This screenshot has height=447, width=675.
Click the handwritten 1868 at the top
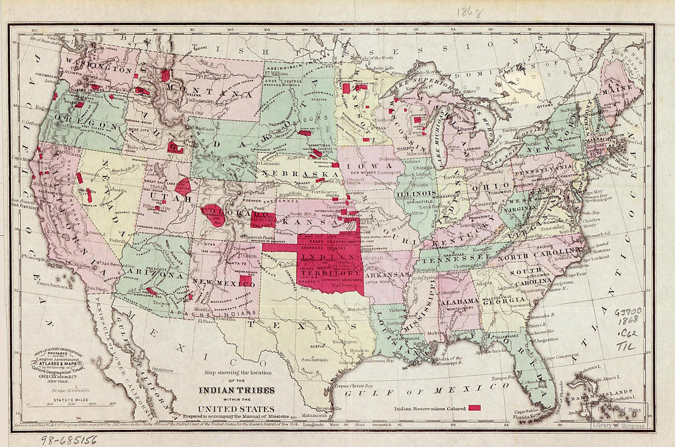point(470,12)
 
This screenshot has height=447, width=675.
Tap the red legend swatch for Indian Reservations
point(474,407)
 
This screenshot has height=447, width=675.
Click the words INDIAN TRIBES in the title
point(236,390)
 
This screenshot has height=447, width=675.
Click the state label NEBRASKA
point(300,174)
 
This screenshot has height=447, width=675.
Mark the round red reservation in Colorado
point(214,215)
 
